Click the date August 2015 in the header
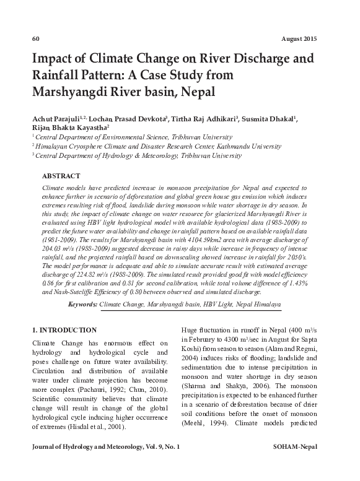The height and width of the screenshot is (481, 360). click(299, 38)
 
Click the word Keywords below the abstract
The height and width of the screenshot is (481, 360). click(82, 305)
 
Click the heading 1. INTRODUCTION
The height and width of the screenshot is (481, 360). click(64, 330)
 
